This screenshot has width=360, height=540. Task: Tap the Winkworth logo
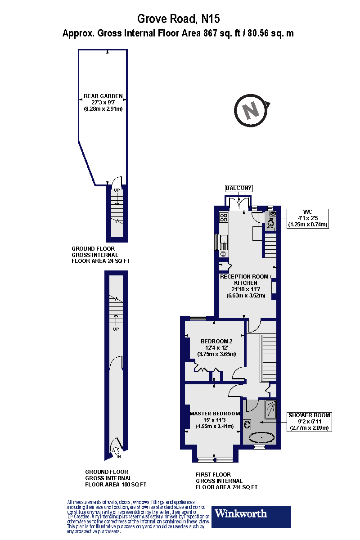coord(252,517)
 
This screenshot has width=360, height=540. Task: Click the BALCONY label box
coord(239,188)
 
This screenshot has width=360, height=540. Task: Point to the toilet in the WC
coord(271,224)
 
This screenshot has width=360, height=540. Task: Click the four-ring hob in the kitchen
coord(223,218)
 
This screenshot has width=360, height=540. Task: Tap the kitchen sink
coord(223,243)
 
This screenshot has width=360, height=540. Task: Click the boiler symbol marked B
coord(223,254)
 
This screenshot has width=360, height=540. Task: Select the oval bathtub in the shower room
coord(261,437)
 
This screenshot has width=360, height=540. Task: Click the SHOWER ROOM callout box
coord(310,422)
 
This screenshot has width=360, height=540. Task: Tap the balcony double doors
coord(238,203)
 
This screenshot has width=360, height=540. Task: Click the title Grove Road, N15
coord(179,19)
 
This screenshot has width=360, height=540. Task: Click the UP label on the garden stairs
coord(117,190)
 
